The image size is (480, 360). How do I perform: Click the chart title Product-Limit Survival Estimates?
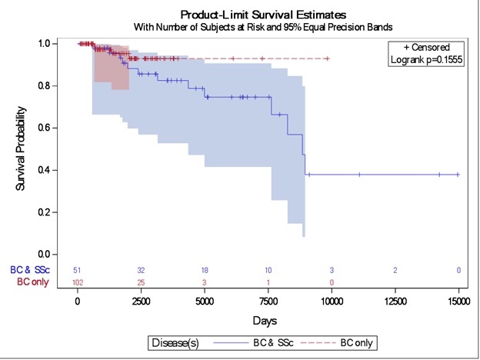pos(263,15)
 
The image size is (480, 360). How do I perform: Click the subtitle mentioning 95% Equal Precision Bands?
pos(263,28)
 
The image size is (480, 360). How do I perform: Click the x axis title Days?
pos(268,319)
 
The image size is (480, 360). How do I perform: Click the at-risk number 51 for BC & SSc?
pos(78,271)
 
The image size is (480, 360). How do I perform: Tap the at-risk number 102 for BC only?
pos(78,282)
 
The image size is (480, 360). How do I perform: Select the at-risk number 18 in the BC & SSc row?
pos(205,271)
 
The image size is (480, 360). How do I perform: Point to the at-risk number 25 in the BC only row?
pos(141,282)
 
